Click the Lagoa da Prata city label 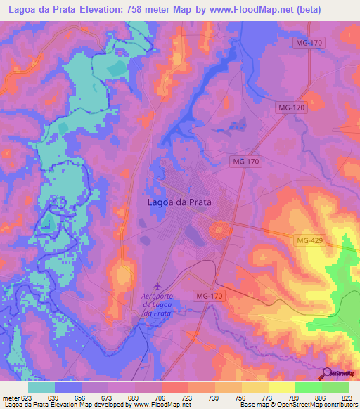(179, 202)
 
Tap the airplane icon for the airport (157, 285)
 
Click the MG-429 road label (310, 241)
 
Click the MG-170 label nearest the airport (210, 296)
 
